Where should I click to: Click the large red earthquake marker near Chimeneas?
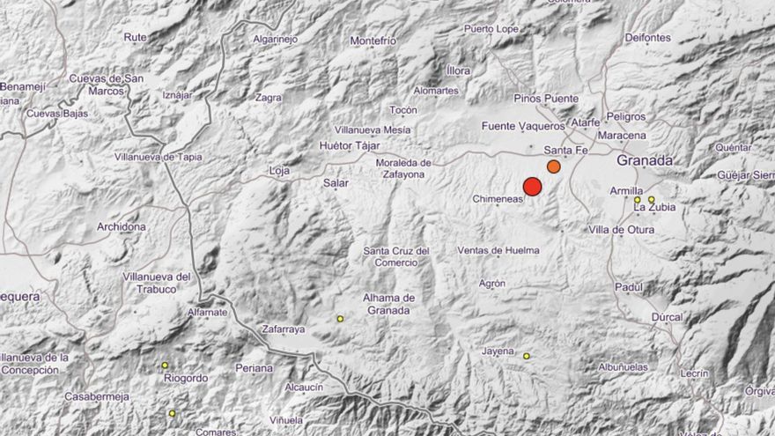click(532, 186)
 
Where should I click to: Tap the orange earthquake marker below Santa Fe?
click(554, 166)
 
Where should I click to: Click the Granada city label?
click(645, 160)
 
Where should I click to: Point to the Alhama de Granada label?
click(387, 303)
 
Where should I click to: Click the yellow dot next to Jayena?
click(527, 356)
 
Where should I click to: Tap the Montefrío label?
click(373, 41)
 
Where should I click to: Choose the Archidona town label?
click(122, 227)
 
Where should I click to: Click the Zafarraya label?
click(284, 329)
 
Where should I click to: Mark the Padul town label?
click(629, 287)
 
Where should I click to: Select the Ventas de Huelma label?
click(498, 251)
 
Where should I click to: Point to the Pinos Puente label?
click(546, 98)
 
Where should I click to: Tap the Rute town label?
click(136, 37)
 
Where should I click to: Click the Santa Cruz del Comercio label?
click(396, 256)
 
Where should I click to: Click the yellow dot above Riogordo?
click(165, 365)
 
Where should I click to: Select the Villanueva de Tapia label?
click(159, 157)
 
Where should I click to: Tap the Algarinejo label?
click(276, 39)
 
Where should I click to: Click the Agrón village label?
click(493, 284)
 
